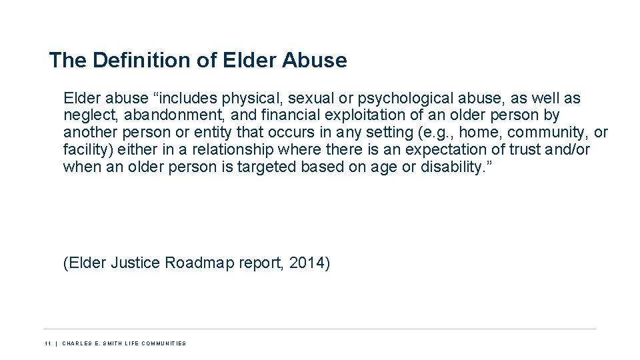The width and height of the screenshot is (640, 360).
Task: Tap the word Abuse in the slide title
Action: coord(315,61)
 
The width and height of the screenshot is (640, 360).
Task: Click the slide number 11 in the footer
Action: coord(48,343)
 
